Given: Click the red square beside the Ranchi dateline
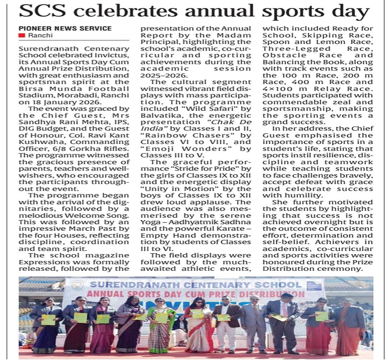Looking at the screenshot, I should coord(22,35).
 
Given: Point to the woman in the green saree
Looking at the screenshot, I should coord(160,324).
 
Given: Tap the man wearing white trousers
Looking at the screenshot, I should coord(226,324).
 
